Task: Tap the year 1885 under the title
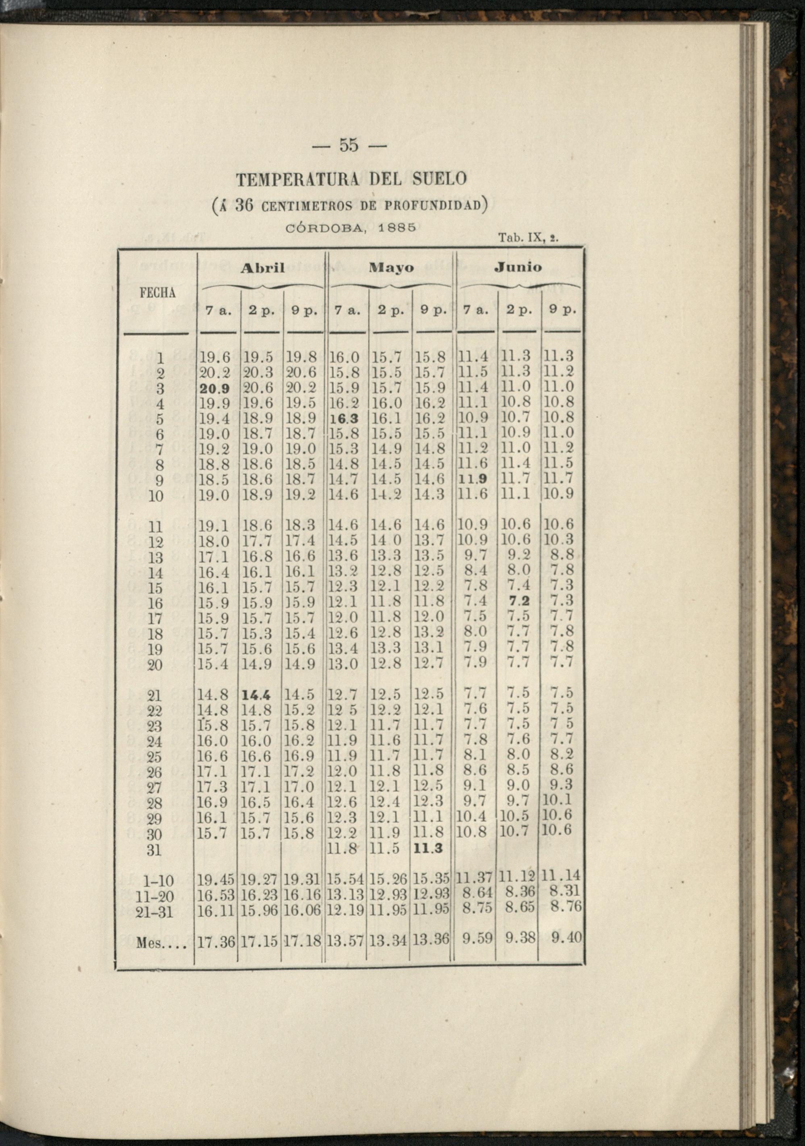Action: [x=398, y=227]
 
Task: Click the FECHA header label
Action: [x=158, y=294]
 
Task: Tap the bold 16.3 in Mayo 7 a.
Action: [x=345, y=418]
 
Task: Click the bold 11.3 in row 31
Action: [x=429, y=848]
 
